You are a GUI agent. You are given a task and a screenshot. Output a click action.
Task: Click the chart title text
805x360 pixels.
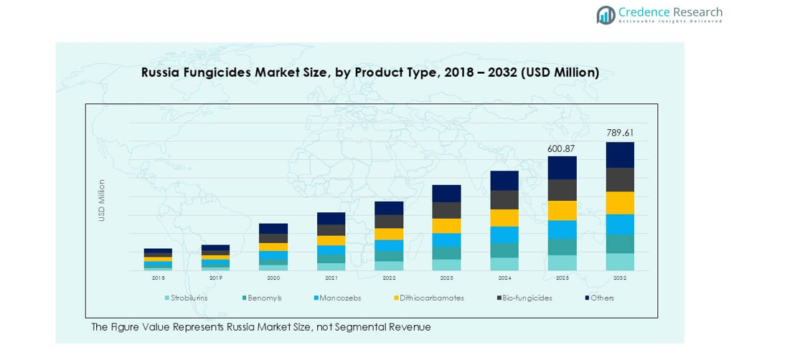coord(369,72)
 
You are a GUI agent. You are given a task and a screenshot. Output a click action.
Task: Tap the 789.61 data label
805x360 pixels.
coord(620,133)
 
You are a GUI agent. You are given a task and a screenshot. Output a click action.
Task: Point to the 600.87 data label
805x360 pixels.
coord(562,148)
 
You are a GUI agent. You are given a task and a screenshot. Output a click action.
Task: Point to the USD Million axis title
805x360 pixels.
coord(102,200)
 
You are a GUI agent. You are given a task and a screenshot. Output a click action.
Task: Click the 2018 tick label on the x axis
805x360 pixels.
coord(158,278)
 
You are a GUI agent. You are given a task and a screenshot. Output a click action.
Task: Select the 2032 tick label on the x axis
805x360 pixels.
coord(620,278)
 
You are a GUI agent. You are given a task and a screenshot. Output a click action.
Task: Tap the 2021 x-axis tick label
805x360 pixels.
coord(331,278)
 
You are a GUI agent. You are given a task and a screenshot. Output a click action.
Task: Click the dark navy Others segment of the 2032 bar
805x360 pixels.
coord(620,155)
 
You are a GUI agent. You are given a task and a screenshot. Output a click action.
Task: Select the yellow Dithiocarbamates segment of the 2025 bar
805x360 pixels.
coord(562,210)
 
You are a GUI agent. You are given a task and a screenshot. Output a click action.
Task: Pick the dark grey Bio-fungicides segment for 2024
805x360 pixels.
coord(504,199)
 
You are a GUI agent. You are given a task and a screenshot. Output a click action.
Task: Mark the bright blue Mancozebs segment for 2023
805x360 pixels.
coord(446,240)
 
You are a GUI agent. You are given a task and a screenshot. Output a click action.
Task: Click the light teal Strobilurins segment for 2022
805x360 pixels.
coord(389,265)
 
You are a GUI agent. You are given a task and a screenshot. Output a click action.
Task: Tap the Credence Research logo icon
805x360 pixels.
coord(606,14)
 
